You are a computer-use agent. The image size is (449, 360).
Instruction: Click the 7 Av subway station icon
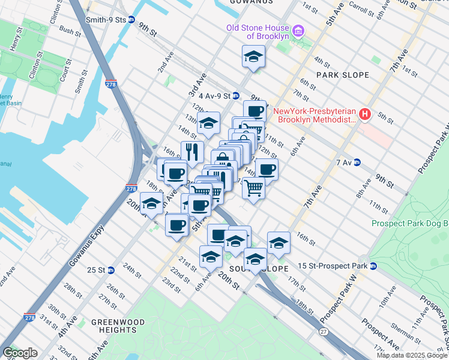pyautogui.click(x=357, y=162)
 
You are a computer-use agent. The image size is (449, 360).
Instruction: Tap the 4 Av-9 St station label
pyautogui.click(x=214, y=95)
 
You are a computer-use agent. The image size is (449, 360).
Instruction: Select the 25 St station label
pyautogui.click(x=97, y=269)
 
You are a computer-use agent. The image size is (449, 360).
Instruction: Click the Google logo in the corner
pyautogui.click(x=20, y=353)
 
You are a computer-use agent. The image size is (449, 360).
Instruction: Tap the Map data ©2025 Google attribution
pyautogui.click(x=412, y=355)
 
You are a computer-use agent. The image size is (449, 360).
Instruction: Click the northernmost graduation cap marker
pyautogui.click(x=253, y=57)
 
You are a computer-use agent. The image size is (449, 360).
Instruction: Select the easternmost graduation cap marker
pyautogui.click(x=279, y=242)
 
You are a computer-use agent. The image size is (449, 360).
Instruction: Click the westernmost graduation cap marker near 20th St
pyautogui.click(x=151, y=203)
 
